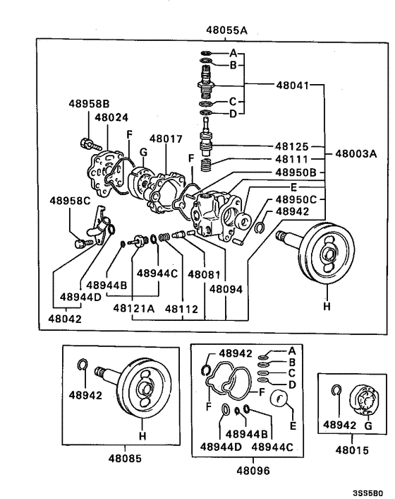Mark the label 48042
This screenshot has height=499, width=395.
click(65, 319)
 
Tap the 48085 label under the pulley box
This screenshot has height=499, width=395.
click(125, 457)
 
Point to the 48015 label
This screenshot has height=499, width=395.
click(352, 450)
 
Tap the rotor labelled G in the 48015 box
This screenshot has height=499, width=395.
click(365, 401)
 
